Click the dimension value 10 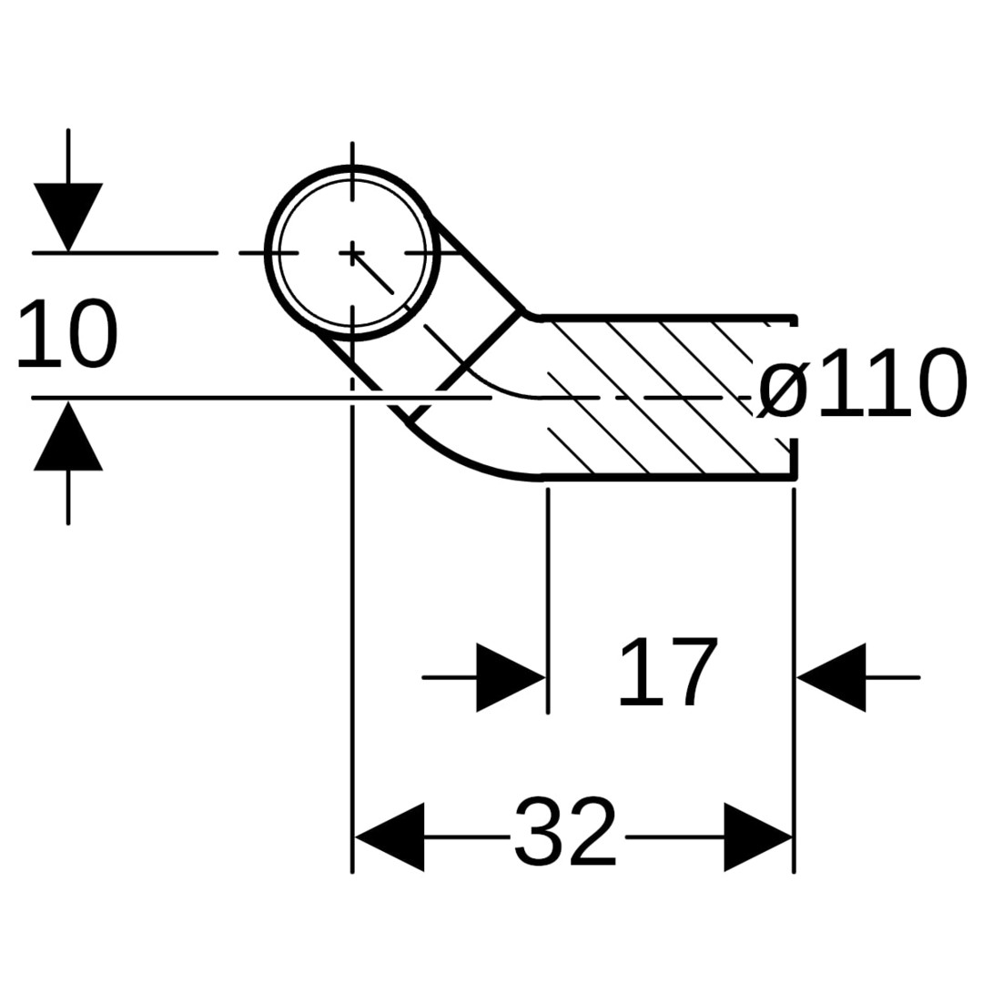[x=67, y=335]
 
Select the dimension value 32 [x=565, y=833]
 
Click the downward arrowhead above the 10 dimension [x=68, y=214]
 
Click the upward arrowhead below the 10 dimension [x=68, y=438]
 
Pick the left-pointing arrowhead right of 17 [x=832, y=677]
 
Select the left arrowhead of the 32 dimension [x=390, y=836]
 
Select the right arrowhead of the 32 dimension [x=757, y=836]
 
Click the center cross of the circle [x=352, y=252]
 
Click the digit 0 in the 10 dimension [x=91, y=335]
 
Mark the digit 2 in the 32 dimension [x=592, y=833]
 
